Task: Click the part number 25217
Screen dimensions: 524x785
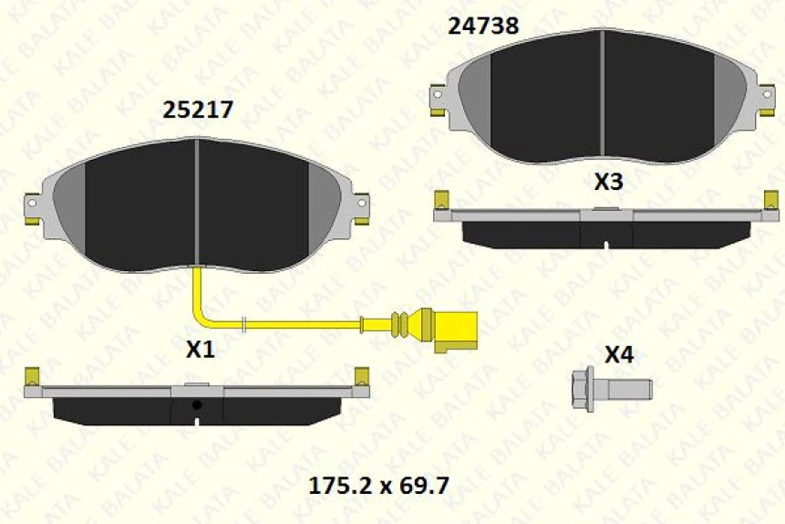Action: pos(198,110)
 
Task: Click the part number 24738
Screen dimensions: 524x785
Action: pos(483,26)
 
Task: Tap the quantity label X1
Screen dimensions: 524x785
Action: pos(200,349)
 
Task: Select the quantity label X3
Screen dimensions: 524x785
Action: pos(608,182)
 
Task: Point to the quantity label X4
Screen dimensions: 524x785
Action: pos(619,354)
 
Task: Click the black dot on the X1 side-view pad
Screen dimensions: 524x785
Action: pos(197,404)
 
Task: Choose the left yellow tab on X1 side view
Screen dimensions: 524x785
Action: pos(31,375)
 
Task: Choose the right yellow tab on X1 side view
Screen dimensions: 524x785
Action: pos(362,375)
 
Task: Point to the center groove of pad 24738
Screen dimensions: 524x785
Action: pos(602,96)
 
